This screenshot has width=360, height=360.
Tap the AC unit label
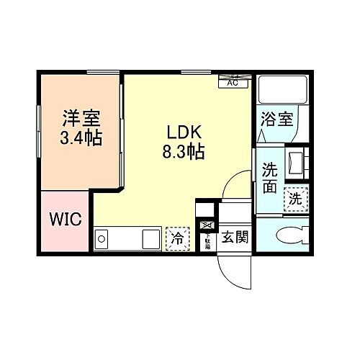click(233, 82)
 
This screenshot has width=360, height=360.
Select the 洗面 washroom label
click(269, 178)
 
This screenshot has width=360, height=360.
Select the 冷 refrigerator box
click(175, 237)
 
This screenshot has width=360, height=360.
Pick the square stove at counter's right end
click(151, 238)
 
